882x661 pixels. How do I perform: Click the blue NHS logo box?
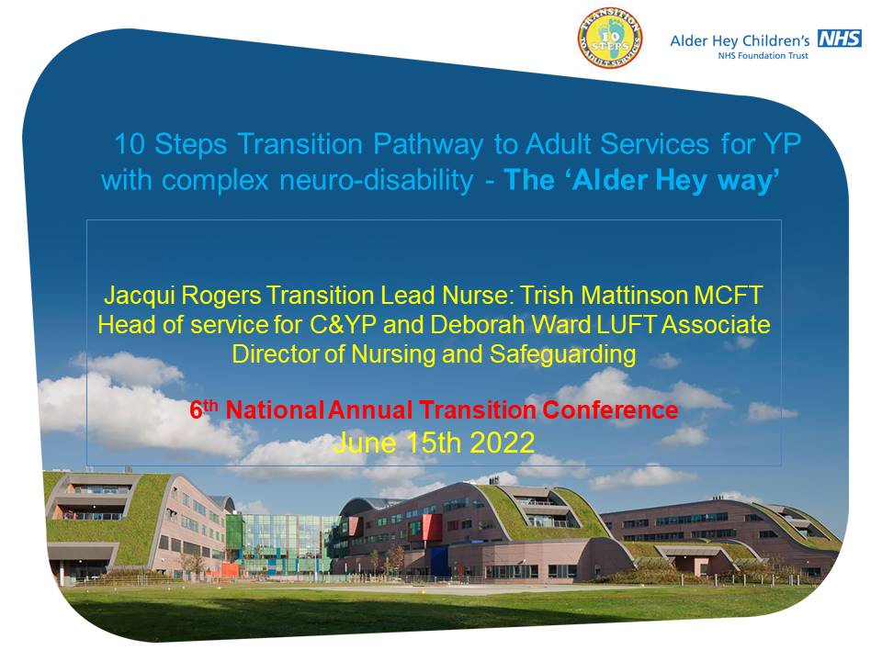[x=839, y=39]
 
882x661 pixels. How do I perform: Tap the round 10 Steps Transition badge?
[x=610, y=39]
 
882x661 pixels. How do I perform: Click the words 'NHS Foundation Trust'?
[x=763, y=56]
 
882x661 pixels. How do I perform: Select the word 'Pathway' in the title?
[x=428, y=145]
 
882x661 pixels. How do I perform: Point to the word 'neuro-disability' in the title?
[x=377, y=181]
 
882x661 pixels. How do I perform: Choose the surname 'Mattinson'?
[x=634, y=295]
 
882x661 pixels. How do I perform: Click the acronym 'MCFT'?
[x=728, y=295]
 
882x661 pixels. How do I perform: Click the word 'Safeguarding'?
[x=562, y=355]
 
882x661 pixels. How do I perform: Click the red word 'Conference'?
[x=610, y=410]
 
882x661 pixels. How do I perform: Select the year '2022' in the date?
[x=502, y=443]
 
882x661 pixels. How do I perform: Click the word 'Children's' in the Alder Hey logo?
[x=776, y=40]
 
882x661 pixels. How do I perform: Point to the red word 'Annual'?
[x=370, y=410]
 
